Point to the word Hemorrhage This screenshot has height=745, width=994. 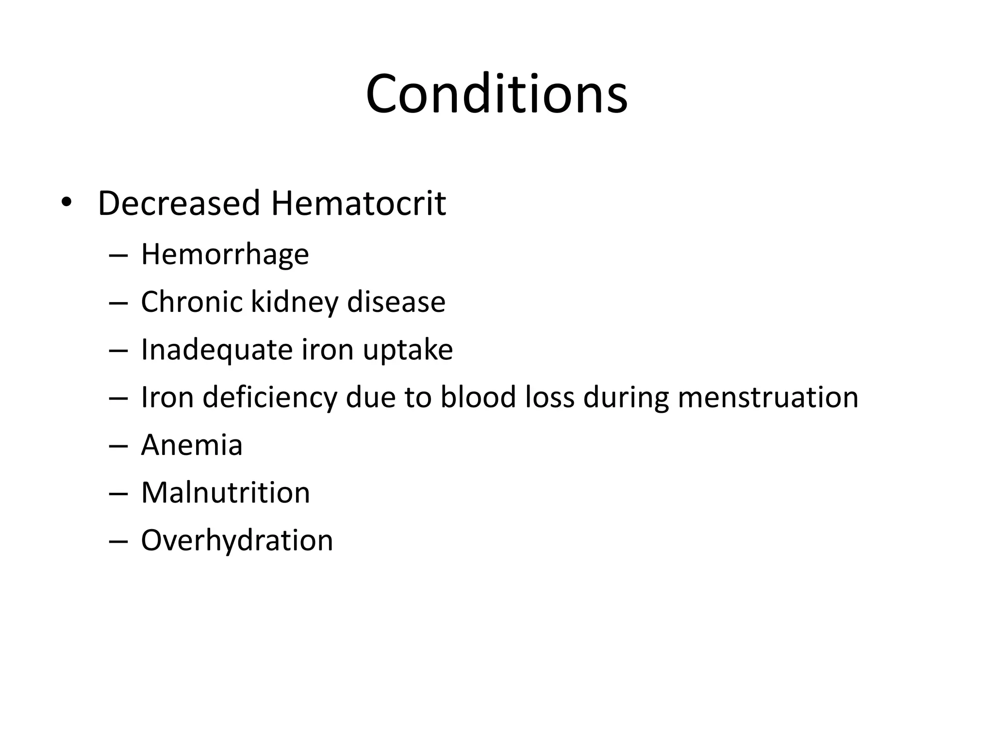[x=225, y=254]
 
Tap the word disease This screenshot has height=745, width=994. [x=396, y=302]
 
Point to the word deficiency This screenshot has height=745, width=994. [x=269, y=398]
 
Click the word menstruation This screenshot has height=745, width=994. [x=768, y=397]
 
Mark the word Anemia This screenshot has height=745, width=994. [x=192, y=445]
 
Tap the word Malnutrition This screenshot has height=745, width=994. [x=225, y=493]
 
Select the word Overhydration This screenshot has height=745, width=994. [x=237, y=540]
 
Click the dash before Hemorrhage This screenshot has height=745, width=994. [x=118, y=255]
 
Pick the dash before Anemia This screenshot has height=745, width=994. [x=118, y=446]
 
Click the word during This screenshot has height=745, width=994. [x=626, y=398]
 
